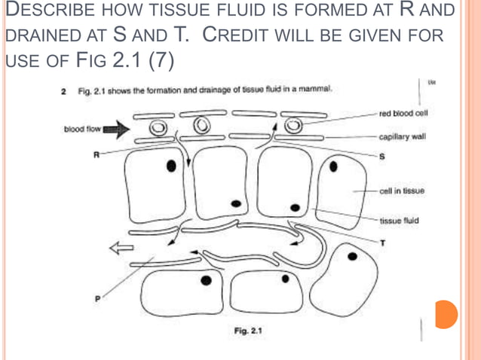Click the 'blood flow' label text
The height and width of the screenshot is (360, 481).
tap(83, 129)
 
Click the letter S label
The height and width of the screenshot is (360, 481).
tap(382, 157)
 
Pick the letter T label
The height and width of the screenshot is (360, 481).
tap(382, 243)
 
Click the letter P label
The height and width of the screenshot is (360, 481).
tap(96, 298)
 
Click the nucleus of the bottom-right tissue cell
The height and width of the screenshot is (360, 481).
tap(352, 257)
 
